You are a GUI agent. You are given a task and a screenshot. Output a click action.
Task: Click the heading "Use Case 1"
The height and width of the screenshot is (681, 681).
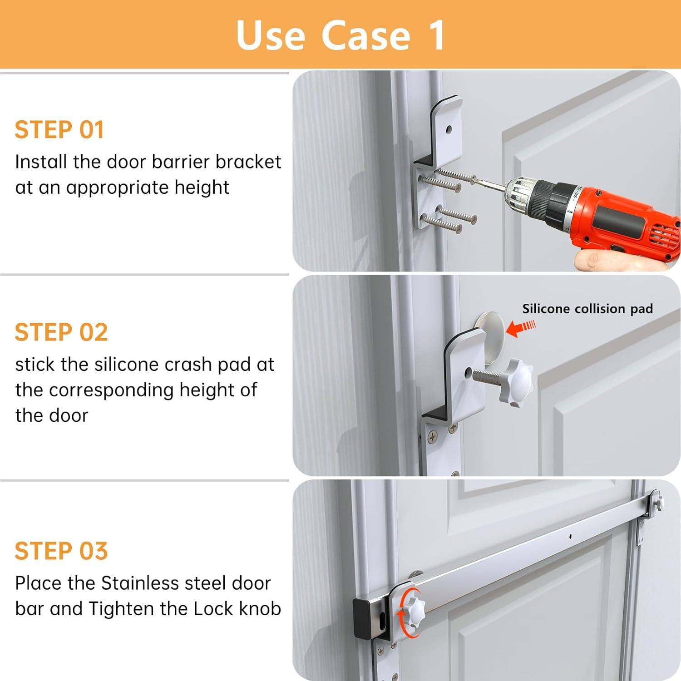pyautogui.click(x=340, y=35)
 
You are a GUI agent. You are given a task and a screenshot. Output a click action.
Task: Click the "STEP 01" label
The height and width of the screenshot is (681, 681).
pyautogui.click(x=59, y=130)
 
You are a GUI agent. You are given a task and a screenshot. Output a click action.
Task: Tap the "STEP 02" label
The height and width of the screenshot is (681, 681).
pyautogui.click(x=61, y=332)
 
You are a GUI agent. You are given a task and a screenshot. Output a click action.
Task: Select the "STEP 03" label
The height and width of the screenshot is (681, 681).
pyautogui.click(x=61, y=551)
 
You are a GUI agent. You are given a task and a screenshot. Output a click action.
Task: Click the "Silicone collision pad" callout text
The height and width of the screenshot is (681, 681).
pyautogui.click(x=587, y=309)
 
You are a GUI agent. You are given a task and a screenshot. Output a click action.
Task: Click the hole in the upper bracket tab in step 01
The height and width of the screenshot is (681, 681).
pyautogui.click(x=449, y=130)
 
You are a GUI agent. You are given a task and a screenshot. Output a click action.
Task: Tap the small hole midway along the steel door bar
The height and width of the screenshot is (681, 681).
pyautogui.click(x=570, y=537)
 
